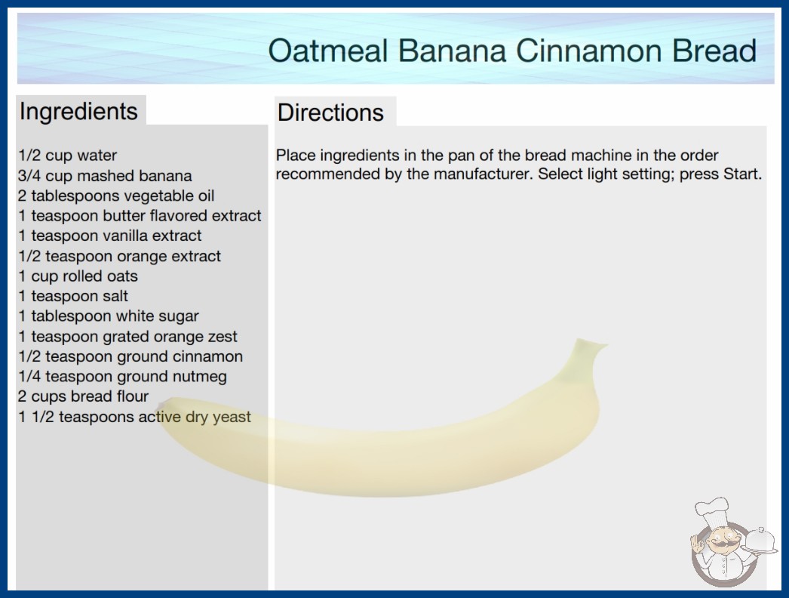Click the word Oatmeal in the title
click(328, 51)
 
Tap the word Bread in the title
click(714, 51)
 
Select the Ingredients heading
click(78, 112)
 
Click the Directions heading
click(330, 113)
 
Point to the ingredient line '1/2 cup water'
click(67, 156)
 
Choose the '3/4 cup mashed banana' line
click(105, 176)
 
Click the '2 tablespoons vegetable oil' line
click(116, 196)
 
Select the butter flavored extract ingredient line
click(140, 216)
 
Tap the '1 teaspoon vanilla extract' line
click(109, 236)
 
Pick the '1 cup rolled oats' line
click(78, 276)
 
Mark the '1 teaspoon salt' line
click(73, 296)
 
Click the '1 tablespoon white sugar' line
click(109, 316)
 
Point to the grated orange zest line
click(127, 337)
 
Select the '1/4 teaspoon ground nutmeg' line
click(122, 377)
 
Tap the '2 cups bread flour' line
click(83, 396)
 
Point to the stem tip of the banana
click(606, 345)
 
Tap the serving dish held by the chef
click(760, 541)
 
